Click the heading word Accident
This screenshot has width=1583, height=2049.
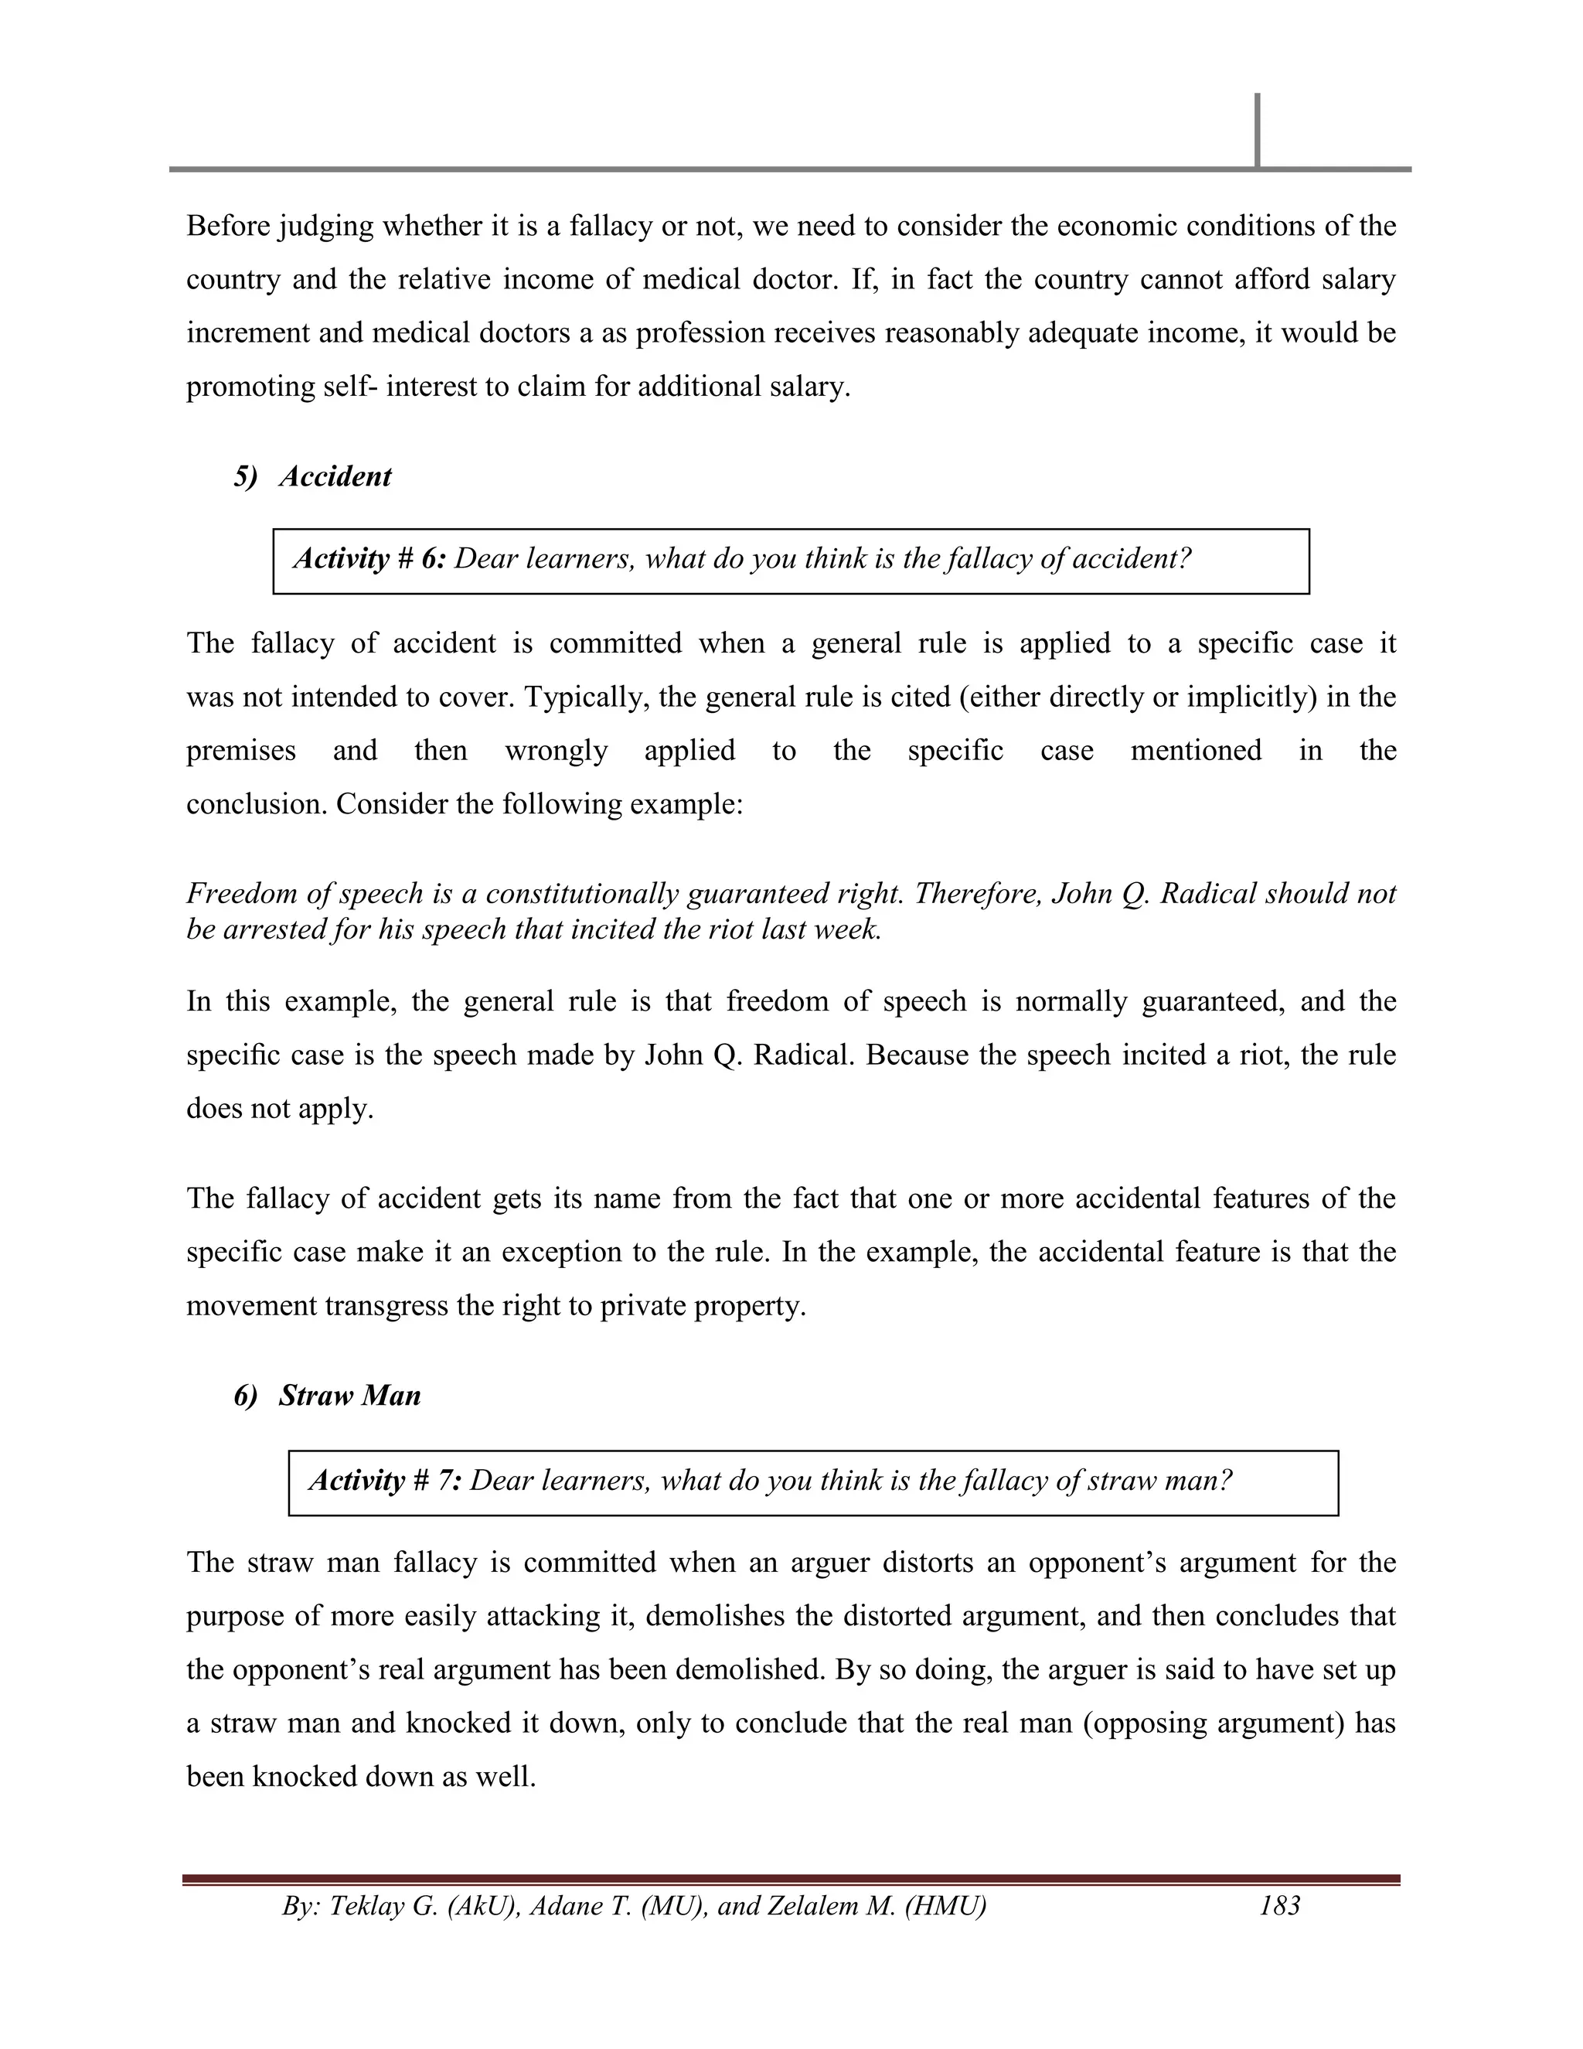pos(335,476)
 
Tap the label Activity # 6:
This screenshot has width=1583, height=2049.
pos(370,559)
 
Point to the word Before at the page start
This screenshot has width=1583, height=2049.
pos(228,226)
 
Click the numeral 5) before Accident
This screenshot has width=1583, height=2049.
pos(246,476)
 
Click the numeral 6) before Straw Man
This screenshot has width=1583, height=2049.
pos(246,1395)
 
